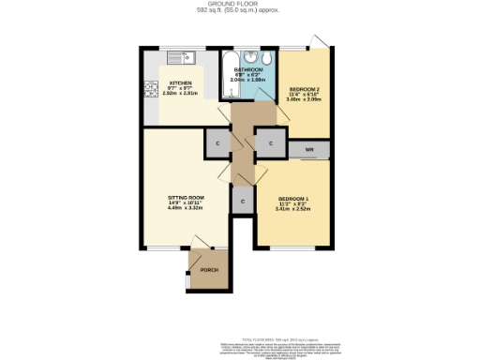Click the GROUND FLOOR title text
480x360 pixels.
pos(239,4)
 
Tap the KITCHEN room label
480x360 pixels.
pos(180,82)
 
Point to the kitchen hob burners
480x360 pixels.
pos(149,91)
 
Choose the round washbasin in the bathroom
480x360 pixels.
pos(251,56)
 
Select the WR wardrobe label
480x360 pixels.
pos(309,149)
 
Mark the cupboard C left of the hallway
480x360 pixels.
pos(217,143)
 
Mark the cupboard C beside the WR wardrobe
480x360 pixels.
pos(270,143)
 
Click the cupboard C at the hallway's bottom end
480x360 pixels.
pos(243,202)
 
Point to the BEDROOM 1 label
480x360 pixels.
pos(292,199)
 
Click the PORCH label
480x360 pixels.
pos(208,270)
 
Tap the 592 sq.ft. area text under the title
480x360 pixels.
pos(239,10)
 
